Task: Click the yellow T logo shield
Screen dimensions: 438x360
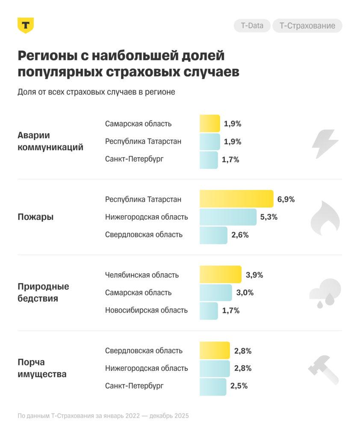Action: pos(26,25)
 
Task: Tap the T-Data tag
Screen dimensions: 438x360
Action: pos(252,26)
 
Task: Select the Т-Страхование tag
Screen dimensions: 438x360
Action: pos(307,26)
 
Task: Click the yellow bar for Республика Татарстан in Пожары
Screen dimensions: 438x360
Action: pos(236,199)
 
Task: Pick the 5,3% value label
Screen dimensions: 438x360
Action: pos(269,217)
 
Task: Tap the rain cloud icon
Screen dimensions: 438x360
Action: pos(325,293)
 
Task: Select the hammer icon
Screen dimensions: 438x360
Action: pos(324,369)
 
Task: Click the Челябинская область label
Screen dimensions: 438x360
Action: pos(142,275)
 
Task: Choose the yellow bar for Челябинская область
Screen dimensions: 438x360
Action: pos(221,275)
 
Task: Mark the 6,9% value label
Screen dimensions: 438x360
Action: pos(286,199)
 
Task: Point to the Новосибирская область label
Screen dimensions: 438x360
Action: pos(146,311)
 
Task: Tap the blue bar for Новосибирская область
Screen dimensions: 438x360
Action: pos(209,311)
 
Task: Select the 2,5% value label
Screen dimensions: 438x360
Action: pos(239,386)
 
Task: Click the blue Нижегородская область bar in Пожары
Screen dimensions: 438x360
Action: pos(228,217)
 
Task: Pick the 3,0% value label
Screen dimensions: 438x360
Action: pos(245,293)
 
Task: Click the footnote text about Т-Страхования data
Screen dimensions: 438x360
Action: pos(103,416)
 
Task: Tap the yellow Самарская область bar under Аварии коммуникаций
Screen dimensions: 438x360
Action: pos(210,124)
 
